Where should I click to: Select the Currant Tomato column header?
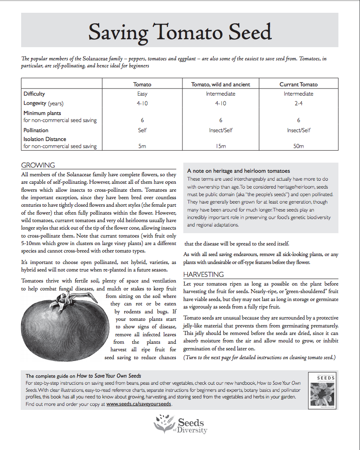click(298, 84)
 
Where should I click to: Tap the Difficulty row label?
click(34, 94)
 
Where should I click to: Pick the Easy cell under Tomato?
click(142, 94)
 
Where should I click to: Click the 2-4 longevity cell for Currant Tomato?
click(298, 104)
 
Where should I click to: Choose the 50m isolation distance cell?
click(298, 146)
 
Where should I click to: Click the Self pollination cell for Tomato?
click(142, 130)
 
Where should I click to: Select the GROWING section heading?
click(38, 165)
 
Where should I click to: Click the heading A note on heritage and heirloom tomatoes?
click(238, 171)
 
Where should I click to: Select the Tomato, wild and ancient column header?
click(220, 84)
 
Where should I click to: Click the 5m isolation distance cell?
click(142, 146)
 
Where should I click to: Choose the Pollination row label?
click(36, 130)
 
